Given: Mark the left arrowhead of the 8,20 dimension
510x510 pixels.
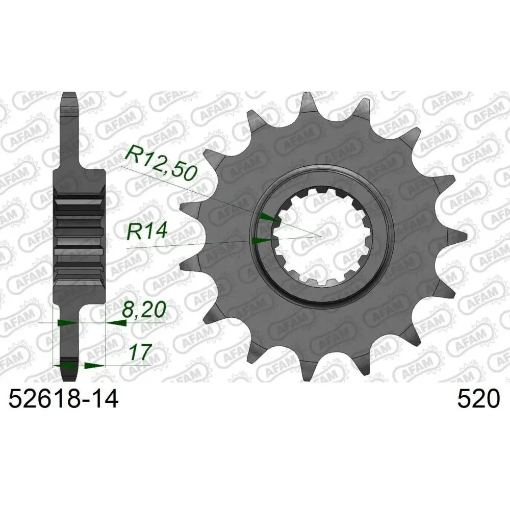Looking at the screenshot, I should [65, 323].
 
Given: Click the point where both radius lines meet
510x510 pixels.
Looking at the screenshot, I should [320, 237].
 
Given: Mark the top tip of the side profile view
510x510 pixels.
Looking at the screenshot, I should [69, 95].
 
